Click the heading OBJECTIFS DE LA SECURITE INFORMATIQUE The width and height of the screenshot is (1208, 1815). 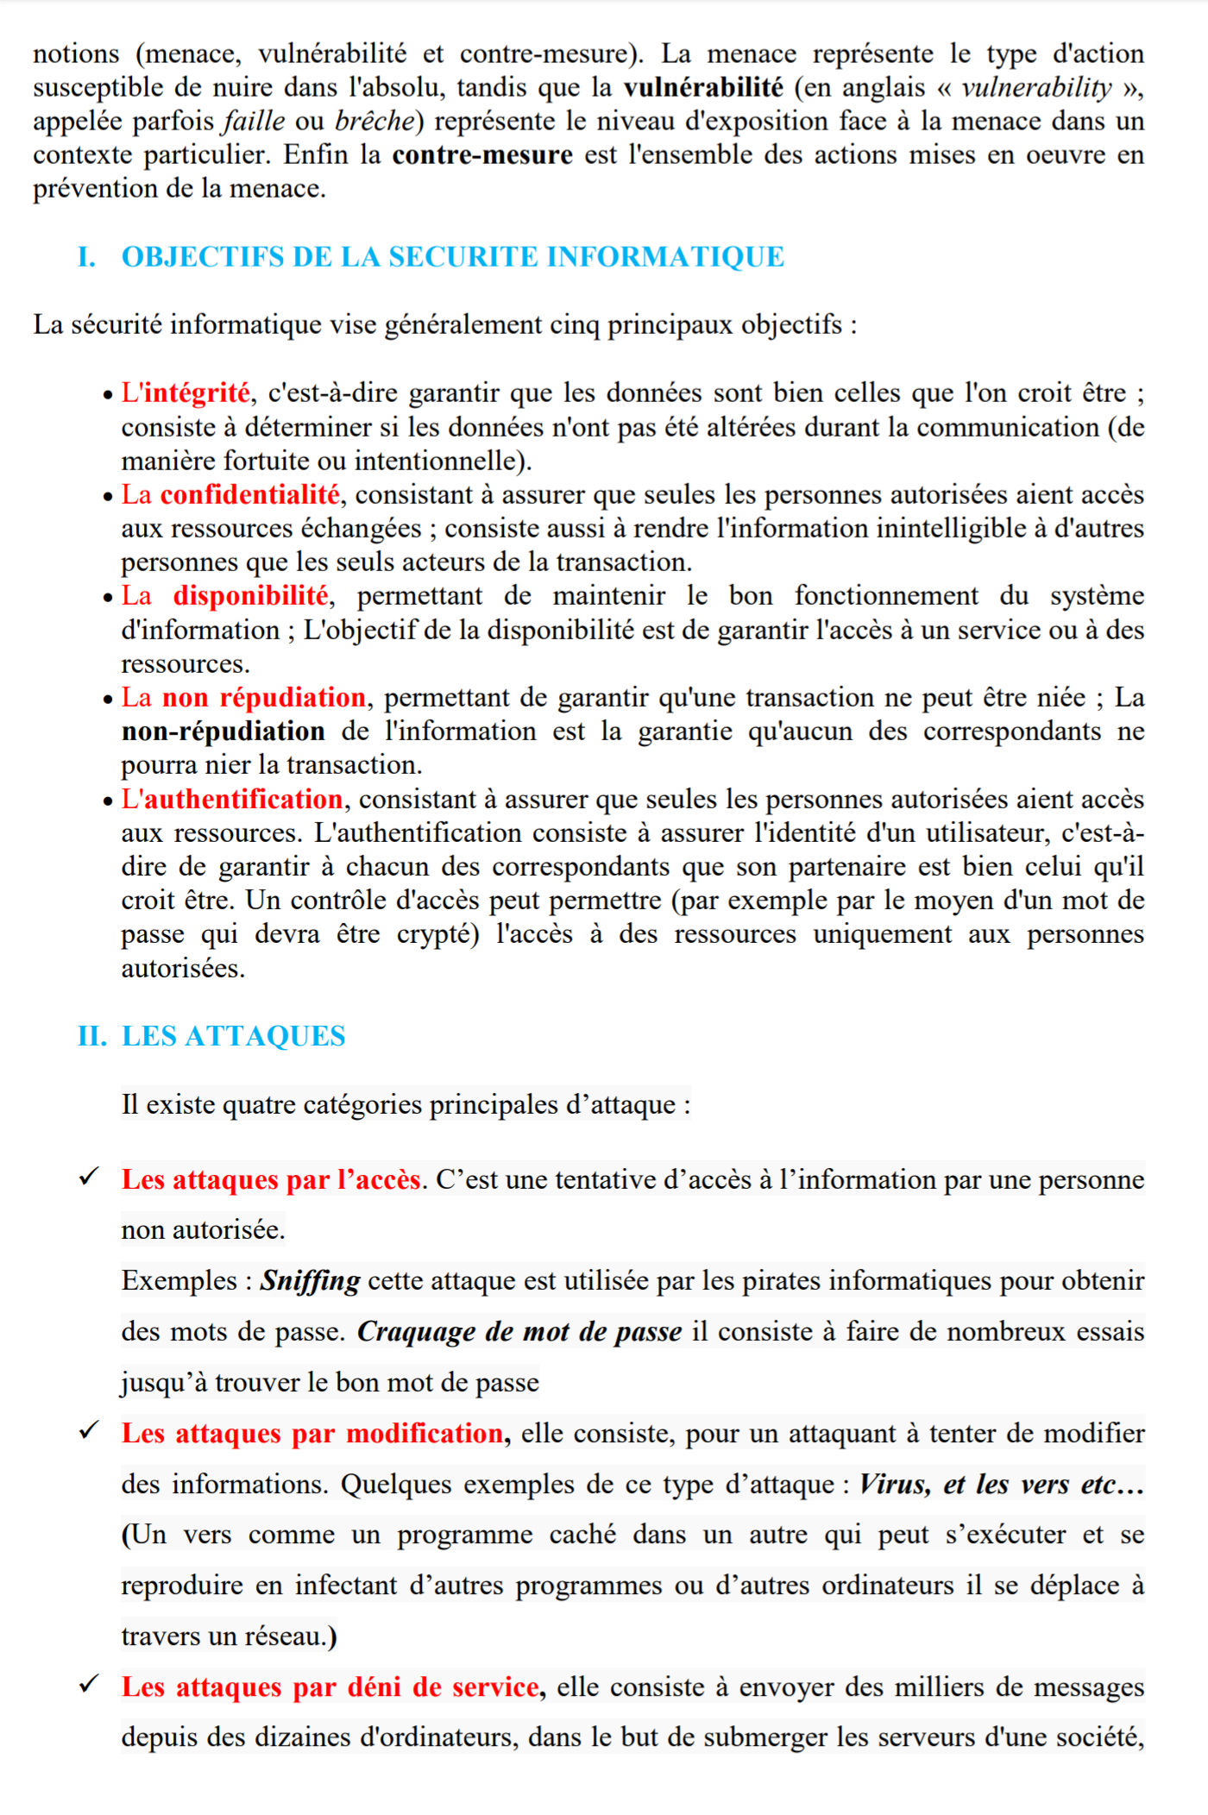pyautogui.click(x=452, y=257)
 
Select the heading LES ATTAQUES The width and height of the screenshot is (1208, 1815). pyautogui.click(x=233, y=1036)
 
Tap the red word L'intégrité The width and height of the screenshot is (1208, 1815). pyautogui.click(x=186, y=393)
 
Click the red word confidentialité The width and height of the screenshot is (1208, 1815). pyautogui.click(x=249, y=495)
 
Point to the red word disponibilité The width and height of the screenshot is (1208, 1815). pyautogui.click(x=250, y=596)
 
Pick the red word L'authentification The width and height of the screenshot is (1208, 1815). pyautogui.click(x=232, y=800)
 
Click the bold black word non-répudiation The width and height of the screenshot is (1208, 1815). pyautogui.click(x=223, y=732)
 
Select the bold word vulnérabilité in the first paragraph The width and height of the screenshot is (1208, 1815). pyautogui.click(x=703, y=88)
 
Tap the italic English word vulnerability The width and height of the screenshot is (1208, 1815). pyautogui.click(x=1036, y=88)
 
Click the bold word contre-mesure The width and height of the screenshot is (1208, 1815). pyautogui.click(x=481, y=155)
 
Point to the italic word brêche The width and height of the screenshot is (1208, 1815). pyautogui.click(x=374, y=122)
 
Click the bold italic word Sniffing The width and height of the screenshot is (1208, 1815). pyautogui.click(x=310, y=1281)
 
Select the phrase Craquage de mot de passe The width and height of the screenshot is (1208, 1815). pyautogui.click(x=519, y=1332)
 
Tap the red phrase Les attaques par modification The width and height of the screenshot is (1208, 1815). pyautogui.click(x=312, y=1434)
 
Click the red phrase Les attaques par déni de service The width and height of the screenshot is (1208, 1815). pyautogui.click(x=330, y=1687)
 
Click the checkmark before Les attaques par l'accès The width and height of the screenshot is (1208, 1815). pyautogui.click(x=89, y=1177)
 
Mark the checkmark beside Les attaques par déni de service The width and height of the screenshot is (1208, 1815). pyautogui.click(x=89, y=1684)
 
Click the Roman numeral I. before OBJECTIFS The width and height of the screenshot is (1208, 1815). pyautogui.click(x=86, y=257)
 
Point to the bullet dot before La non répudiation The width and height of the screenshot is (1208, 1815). pyautogui.click(x=108, y=700)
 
